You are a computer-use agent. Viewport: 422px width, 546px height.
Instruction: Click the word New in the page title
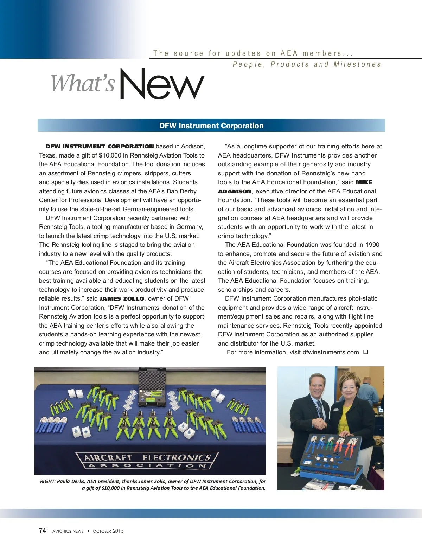click(162, 84)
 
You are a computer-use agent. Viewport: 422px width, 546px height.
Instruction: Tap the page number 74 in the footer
click(43, 531)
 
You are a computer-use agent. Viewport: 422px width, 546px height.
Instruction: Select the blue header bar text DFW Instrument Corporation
click(211, 126)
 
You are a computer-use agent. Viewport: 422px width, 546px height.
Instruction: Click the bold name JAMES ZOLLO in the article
click(122, 299)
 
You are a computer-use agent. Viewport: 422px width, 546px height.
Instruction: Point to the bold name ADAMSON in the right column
click(235, 192)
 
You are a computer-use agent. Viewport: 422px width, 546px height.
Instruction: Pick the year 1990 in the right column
click(372, 245)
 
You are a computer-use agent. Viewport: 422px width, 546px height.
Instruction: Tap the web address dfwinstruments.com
click(331, 352)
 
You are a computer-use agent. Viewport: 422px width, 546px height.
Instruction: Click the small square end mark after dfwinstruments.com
click(365, 352)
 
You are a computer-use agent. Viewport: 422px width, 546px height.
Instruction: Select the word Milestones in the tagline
click(357, 64)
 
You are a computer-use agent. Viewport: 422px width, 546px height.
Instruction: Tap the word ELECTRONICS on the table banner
click(177, 458)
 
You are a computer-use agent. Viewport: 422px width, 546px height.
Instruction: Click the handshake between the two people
click(320, 423)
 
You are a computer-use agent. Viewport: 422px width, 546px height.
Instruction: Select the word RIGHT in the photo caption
click(47, 481)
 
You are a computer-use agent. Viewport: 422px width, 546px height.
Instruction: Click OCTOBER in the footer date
click(102, 531)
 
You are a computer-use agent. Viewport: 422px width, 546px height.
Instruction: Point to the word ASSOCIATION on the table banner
click(147, 466)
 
